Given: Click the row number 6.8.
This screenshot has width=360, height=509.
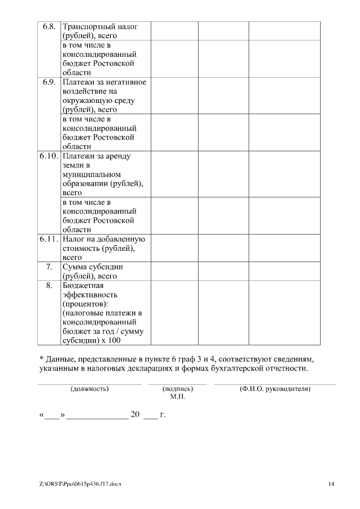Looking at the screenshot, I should tap(48, 26).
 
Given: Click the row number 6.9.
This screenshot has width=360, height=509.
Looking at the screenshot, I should tap(48, 82).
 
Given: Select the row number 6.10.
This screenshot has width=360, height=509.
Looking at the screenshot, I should tap(49, 156).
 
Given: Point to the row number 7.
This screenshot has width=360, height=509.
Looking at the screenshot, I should tap(49, 267).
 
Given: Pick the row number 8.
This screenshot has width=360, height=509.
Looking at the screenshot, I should tap(49, 286).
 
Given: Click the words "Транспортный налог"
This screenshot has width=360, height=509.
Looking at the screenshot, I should tap(100, 26).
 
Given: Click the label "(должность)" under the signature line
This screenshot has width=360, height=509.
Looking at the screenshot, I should tap(89, 389).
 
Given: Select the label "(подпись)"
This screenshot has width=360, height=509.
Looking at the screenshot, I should tap(177, 389).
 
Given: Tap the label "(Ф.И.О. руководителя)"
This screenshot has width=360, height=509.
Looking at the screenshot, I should tap(274, 389).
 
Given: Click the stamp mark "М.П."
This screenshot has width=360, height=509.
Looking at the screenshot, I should tap(177, 397).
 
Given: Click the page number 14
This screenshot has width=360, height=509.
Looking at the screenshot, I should tap(331, 484).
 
